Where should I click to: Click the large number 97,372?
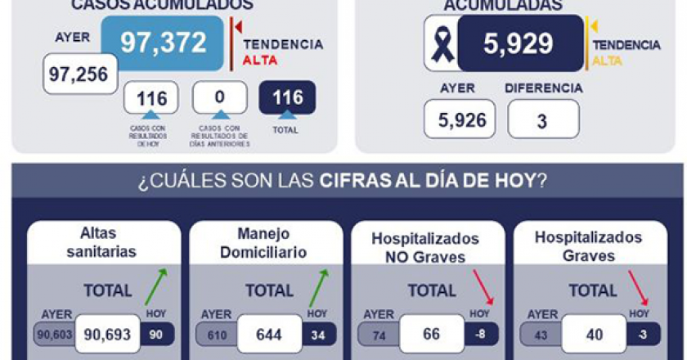[x=163, y=43]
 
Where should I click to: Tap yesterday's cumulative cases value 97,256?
[x=79, y=74]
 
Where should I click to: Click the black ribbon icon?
[x=442, y=43]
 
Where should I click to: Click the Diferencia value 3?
[x=542, y=119]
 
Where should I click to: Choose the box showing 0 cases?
[x=219, y=97]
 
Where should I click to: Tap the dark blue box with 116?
[x=287, y=97]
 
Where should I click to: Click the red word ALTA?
[x=260, y=61]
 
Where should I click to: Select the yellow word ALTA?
[x=606, y=61]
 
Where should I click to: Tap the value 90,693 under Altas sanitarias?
[x=107, y=334]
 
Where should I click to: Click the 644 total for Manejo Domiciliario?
[x=268, y=334]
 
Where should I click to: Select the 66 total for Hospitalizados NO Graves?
[x=431, y=334]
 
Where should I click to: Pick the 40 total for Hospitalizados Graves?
[x=593, y=334]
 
